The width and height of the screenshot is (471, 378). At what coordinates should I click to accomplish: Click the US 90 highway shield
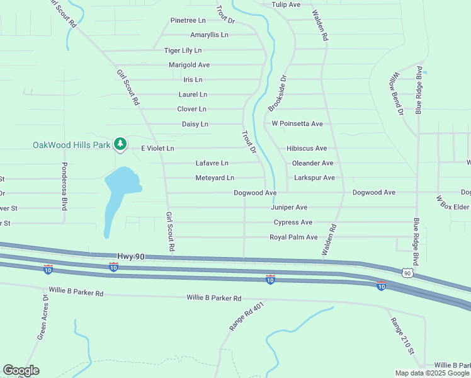[x=407, y=272]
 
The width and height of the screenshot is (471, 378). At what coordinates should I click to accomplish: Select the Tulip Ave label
[x=286, y=4]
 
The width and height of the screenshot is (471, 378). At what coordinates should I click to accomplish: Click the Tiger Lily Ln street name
[x=183, y=50]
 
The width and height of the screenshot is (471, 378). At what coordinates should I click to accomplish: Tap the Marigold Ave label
[x=189, y=65]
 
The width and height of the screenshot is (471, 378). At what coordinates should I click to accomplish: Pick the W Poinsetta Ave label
[x=297, y=123]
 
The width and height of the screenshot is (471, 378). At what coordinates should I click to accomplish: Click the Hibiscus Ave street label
[x=307, y=148]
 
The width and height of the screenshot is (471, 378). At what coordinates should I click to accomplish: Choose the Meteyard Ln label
[x=215, y=178]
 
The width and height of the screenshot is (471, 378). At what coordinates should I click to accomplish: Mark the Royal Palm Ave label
[x=293, y=237]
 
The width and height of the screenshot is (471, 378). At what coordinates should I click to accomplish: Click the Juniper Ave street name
[x=289, y=207]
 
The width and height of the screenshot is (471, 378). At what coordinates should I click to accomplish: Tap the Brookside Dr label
[x=278, y=94]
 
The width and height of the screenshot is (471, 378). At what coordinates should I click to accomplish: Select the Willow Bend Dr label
[x=395, y=94]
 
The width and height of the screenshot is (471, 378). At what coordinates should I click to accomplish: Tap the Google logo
[x=21, y=370]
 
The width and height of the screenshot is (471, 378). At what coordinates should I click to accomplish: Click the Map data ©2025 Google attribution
[x=431, y=373]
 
